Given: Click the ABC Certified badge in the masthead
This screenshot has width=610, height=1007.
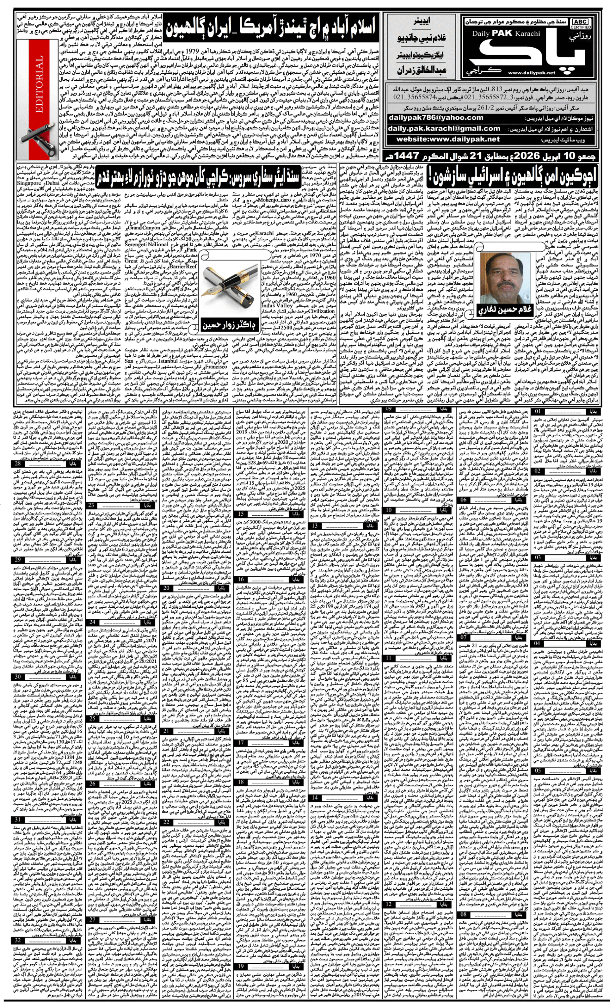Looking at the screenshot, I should pyautogui.click(x=581, y=24).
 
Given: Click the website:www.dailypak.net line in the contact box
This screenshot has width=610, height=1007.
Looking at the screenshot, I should pyautogui.click(x=448, y=139).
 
